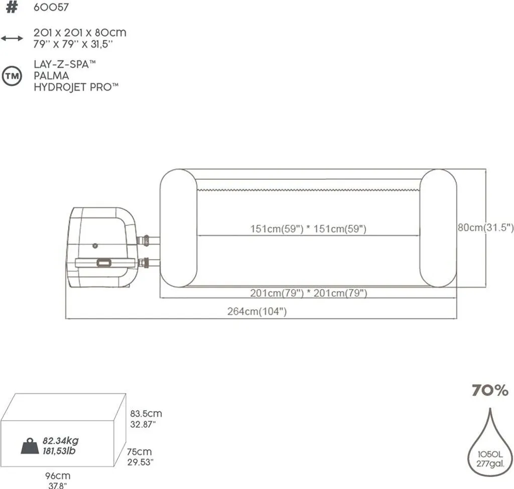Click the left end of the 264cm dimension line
pyautogui.click(x=66, y=318)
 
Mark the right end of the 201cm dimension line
pyautogui.click(x=456, y=298)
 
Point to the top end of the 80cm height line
pyautogui.click(x=485, y=169)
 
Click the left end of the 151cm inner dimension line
pyautogui.click(x=197, y=235)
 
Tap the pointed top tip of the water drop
pyautogui.click(x=490, y=409)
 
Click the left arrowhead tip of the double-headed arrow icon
pyautogui.click(x=2, y=38)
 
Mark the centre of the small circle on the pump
pyautogui.click(x=95, y=246)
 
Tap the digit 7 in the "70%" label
pyautogui.click(x=477, y=390)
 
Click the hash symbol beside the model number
pyautogui.click(x=12, y=7)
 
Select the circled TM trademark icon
pyautogui.click(x=12, y=76)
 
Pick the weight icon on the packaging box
pyautogui.click(x=30, y=446)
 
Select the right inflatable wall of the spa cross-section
pyautogui.click(x=438, y=228)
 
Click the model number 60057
pyautogui.click(x=51, y=7)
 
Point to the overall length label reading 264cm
pyautogui.click(x=257, y=311)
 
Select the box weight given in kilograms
pyautogui.click(x=61, y=440)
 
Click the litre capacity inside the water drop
pyautogui.click(x=490, y=454)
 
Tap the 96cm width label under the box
pyautogui.click(x=58, y=475)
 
